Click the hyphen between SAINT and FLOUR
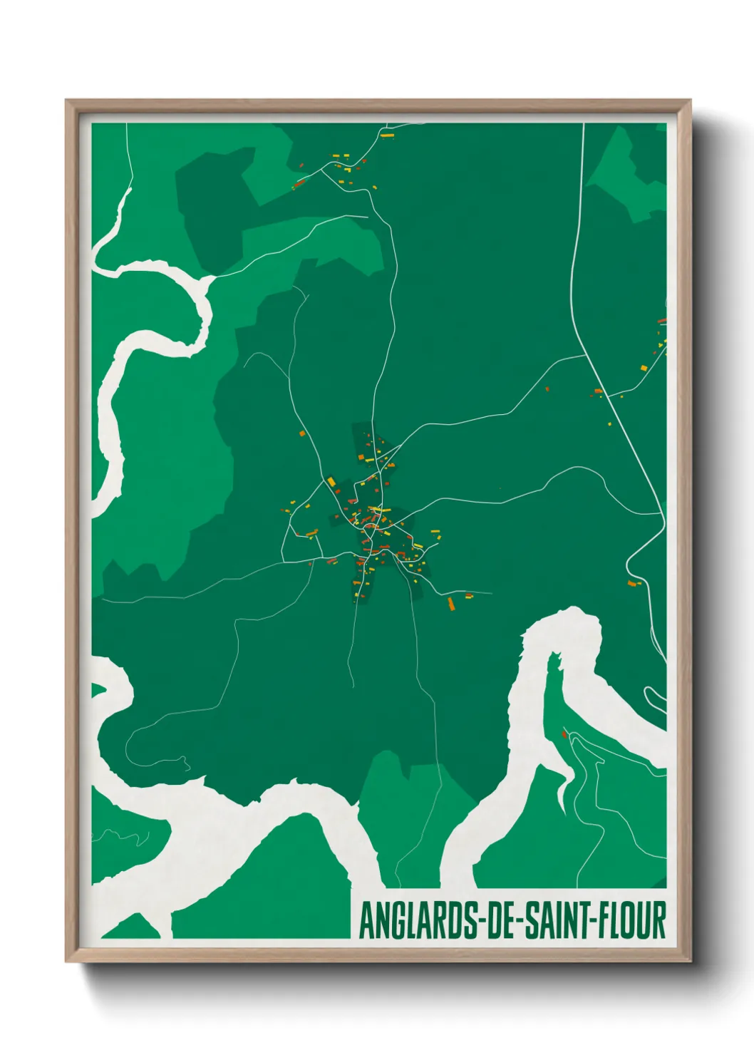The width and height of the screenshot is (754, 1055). click(x=592, y=921)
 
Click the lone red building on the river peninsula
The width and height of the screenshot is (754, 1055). click(x=564, y=734)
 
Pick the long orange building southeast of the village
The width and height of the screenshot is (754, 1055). click(x=450, y=604)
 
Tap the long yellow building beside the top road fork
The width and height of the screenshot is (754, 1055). click(x=387, y=134)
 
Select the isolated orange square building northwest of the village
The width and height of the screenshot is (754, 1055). click(x=301, y=433)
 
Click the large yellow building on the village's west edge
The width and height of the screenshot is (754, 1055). click(x=331, y=482)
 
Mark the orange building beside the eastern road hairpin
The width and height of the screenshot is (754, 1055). click(x=631, y=583)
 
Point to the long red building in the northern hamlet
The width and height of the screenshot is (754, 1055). click(x=300, y=184)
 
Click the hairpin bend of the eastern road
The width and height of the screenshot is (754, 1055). click(x=628, y=567)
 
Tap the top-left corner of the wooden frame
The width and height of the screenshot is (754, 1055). click(x=66, y=101)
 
